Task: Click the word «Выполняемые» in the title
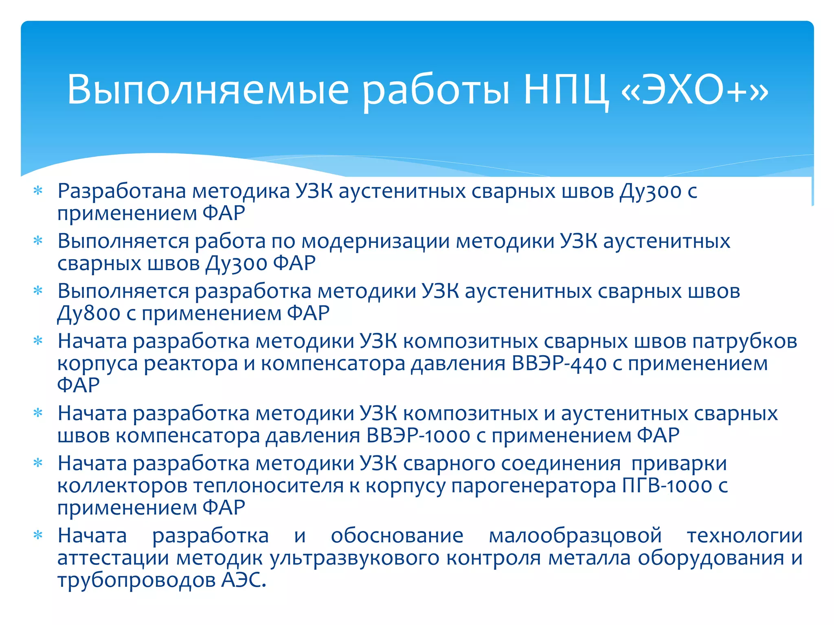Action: [208, 90]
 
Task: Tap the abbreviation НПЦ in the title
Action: [566, 90]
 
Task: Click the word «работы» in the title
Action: [436, 90]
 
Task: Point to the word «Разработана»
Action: [122, 191]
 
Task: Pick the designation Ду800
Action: [89, 313]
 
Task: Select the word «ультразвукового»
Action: [354, 558]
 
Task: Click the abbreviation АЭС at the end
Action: [243, 580]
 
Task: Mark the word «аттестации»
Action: [113, 558]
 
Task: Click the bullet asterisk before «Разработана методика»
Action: [38, 191]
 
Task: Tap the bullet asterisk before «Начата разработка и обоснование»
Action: [38, 535]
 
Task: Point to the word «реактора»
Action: [191, 363]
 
